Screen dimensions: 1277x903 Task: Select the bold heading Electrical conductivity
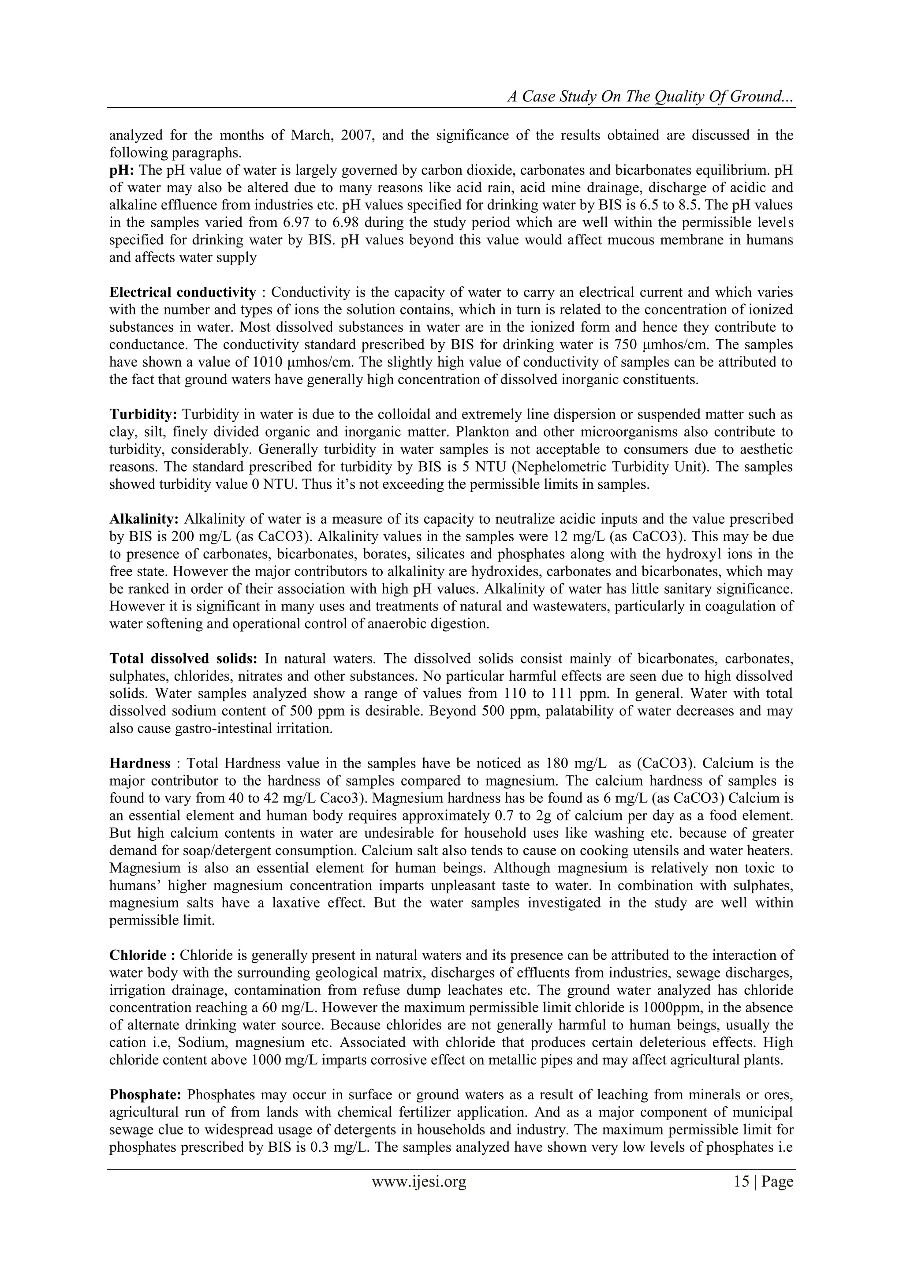click(x=183, y=292)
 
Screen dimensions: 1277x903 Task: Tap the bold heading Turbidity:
click(x=143, y=414)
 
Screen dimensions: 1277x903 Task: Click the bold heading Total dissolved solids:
click(x=183, y=659)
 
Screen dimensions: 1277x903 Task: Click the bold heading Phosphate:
click(x=145, y=1094)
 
